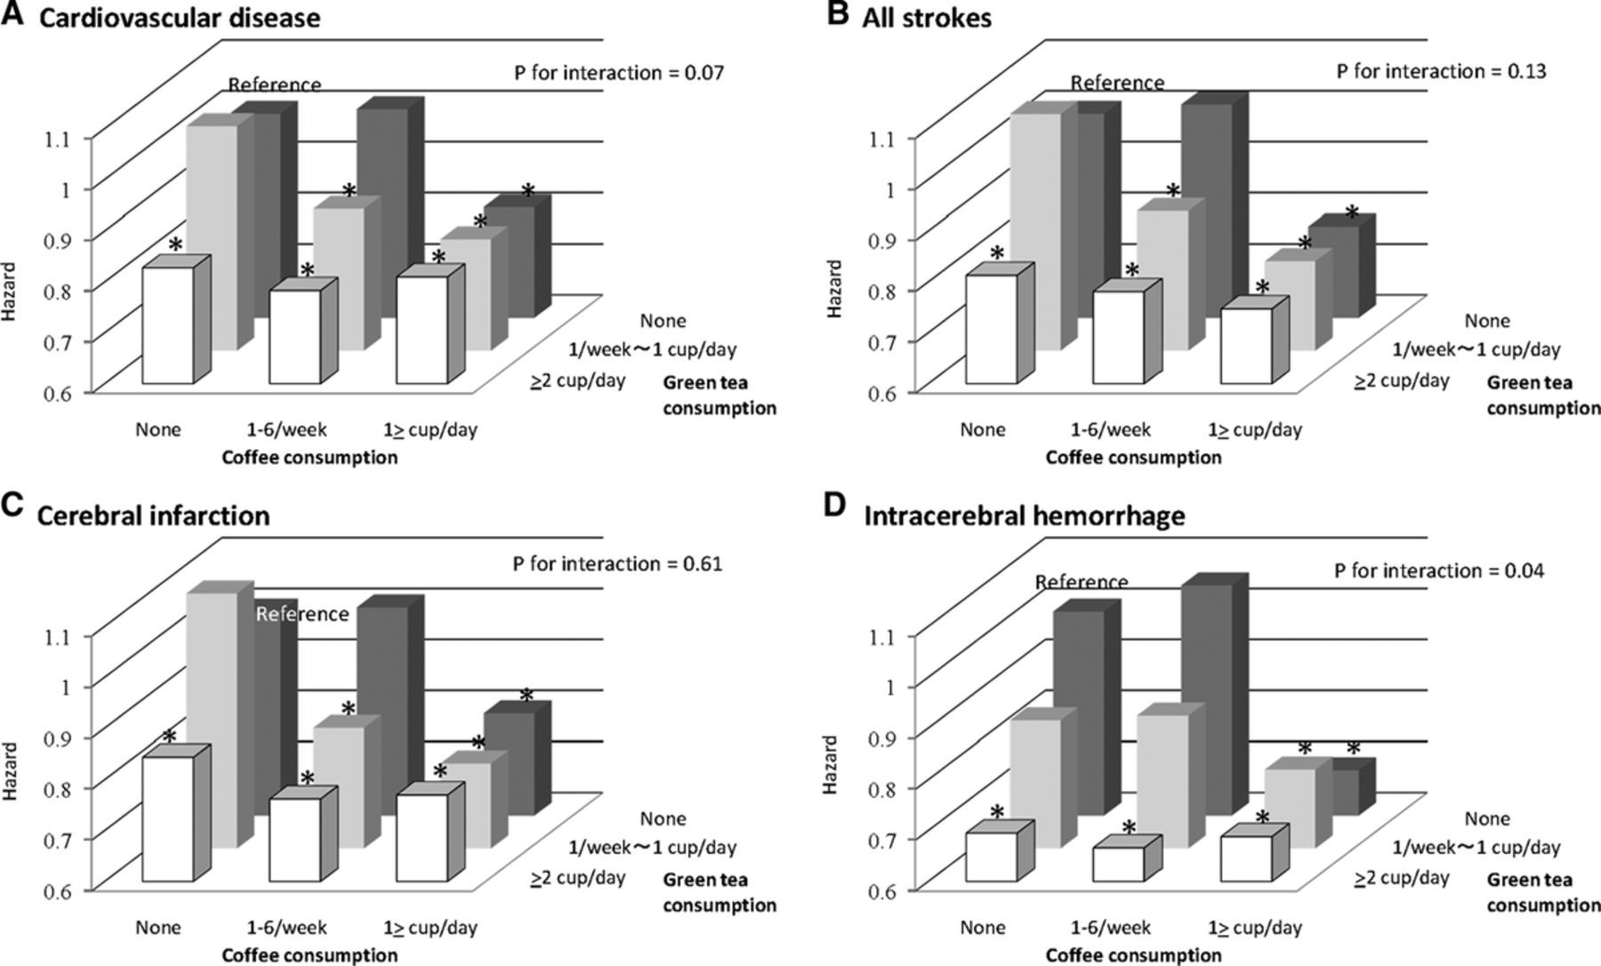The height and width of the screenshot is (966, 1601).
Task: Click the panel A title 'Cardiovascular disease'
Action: click(178, 17)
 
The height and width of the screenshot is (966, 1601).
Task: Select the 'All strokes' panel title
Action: click(926, 17)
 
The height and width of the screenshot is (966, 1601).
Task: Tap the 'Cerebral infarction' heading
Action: click(153, 516)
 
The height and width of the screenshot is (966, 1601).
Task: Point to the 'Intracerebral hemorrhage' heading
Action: click(1025, 516)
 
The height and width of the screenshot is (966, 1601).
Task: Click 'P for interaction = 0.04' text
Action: click(1439, 570)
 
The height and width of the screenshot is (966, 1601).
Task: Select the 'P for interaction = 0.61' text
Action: click(617, 563)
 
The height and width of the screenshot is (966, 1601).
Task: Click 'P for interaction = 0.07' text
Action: click(619, 72)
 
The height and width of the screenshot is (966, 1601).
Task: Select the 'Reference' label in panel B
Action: click(1116, 83)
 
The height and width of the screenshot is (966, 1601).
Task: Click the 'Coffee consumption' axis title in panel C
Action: click(309, 955)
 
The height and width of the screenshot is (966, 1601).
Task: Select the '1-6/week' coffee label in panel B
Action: click(1110, 430)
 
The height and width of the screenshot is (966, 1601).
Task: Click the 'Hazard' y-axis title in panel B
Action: click(834, 289)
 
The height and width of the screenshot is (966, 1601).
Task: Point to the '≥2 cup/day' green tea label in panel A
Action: click(578, 381)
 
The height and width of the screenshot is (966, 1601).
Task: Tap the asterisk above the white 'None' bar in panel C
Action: click(169, 737)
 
